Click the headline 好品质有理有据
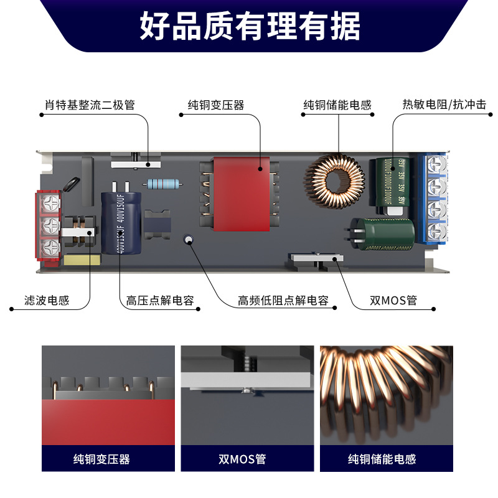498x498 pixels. tap(249, 26)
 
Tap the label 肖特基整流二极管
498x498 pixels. tap(90, 105)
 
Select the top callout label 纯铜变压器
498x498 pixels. tap(216, 105)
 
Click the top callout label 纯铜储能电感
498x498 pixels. tap(337, 105)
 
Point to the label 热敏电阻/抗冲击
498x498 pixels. tap(444, 105)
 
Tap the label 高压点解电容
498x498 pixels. tap(160, 301)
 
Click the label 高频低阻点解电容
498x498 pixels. tap(283, 301)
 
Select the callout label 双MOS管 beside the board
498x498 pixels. tap(393, 301)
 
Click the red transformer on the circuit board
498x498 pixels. tap(239, 193)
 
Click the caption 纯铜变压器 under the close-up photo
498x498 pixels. tap(102, 459)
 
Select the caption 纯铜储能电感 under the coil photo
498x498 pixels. tap(382, 459)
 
